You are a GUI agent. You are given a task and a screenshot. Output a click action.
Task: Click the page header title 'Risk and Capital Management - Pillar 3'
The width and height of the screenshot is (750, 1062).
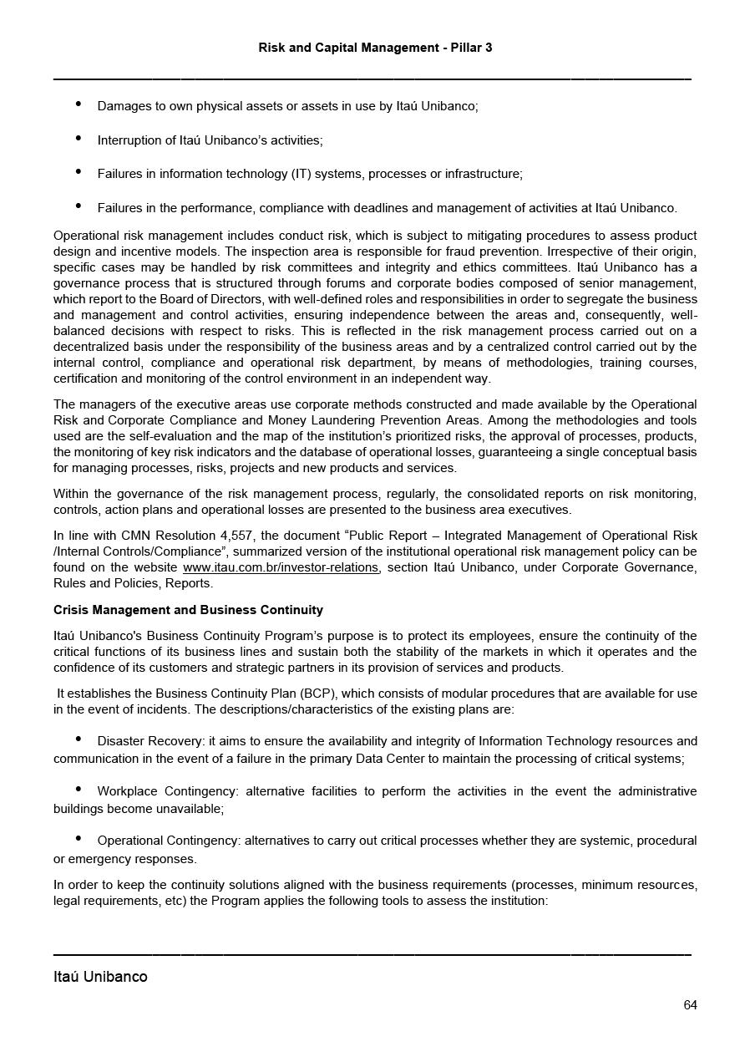[375, 48]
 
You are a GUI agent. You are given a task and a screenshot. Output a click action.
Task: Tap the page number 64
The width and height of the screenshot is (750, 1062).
[690, 1005]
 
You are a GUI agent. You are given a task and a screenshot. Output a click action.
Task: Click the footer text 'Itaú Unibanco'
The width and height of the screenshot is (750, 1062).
[100, 977]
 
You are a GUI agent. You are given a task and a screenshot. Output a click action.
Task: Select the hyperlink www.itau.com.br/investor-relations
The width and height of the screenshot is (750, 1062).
[281, 567]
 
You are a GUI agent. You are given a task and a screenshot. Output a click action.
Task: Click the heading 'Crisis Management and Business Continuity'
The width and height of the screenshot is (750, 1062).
[188, 610]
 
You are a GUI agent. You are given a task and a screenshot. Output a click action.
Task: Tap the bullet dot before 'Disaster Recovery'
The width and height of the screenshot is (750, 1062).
[79, 739]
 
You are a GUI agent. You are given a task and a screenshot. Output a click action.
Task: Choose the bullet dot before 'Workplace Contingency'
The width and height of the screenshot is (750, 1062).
[79, 789]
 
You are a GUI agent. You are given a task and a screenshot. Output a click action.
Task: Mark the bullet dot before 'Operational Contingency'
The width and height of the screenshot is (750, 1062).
[79, 838]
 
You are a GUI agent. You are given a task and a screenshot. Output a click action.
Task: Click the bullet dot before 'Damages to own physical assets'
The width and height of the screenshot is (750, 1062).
[79, 104]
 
